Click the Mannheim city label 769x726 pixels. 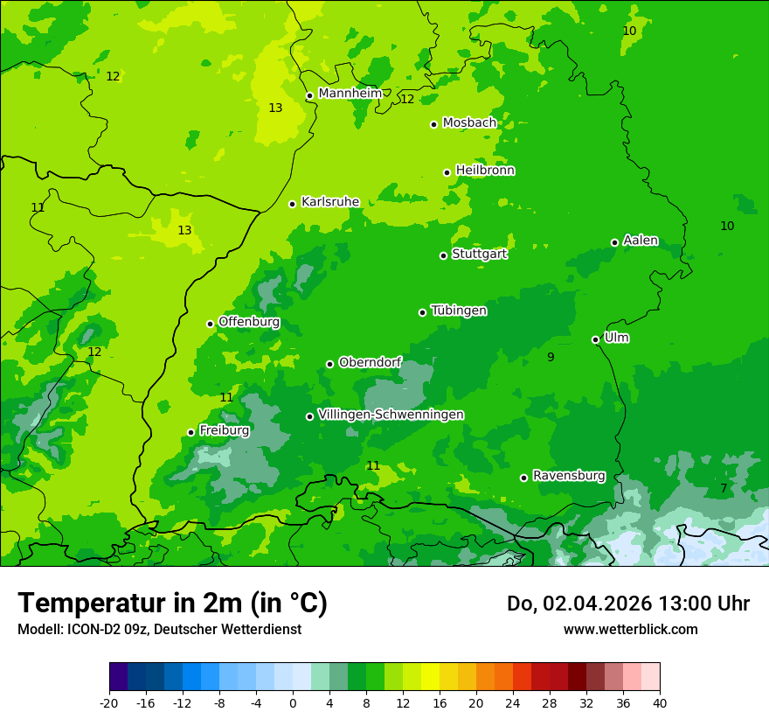(350, 94)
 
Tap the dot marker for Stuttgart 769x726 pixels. (443, 255)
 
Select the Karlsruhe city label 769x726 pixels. (330, 202)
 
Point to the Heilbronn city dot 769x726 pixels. (447, 172)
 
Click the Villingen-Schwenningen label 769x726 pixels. (391, 415)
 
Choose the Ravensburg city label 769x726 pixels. (569, 476)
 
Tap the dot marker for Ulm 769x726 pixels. (595, 339)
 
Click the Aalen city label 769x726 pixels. (641, 241)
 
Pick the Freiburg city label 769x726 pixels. (225, 430)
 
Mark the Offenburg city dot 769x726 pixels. (210, 324)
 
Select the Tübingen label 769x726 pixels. (459, 311)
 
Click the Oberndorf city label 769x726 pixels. (370, 362)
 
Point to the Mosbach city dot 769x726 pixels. (433, 124)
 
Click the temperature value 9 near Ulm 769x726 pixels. (551, 357)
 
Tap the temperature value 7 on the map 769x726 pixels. (724, 488)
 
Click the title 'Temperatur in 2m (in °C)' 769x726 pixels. (172, 604)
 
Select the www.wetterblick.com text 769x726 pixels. (630, 629)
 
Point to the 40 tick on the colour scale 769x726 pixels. (660, 702)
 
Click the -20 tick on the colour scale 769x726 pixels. (109, 702)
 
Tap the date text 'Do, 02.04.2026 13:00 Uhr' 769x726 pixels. (627, 604)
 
